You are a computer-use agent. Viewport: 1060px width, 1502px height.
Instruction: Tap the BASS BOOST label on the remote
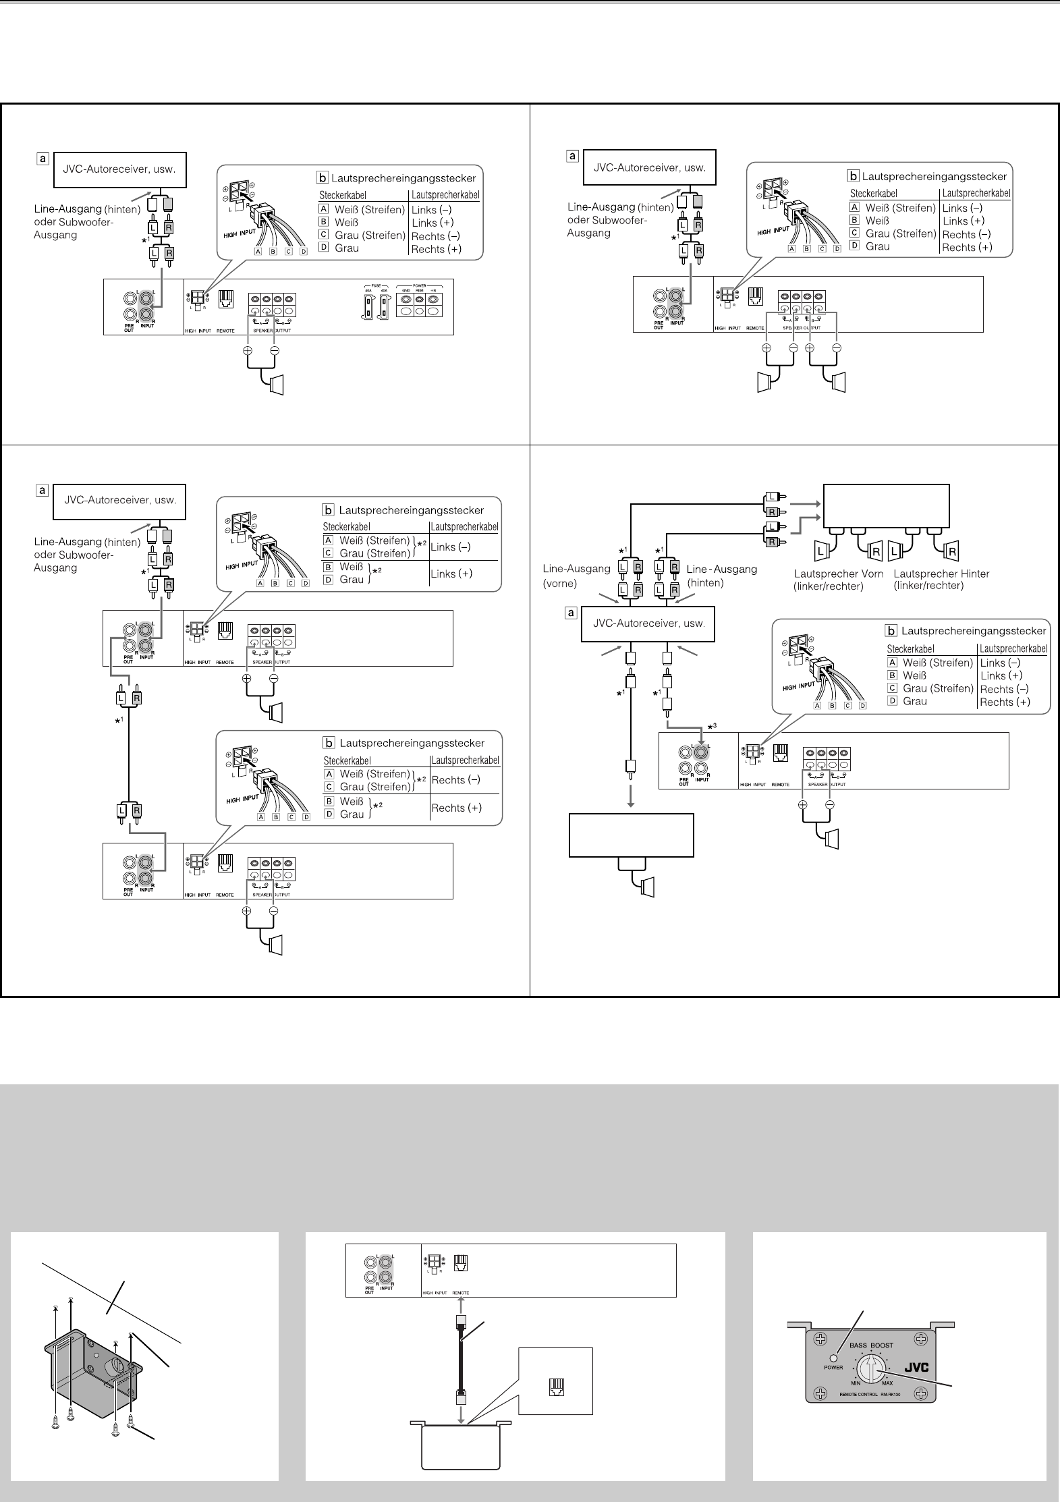871,1345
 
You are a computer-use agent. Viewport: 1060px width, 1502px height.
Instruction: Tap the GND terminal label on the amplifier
406,290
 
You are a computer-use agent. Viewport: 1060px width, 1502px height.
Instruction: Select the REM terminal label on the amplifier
419,290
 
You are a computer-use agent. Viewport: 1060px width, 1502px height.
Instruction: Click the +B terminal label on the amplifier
433,290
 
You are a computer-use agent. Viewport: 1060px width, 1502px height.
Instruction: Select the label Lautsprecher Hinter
941,574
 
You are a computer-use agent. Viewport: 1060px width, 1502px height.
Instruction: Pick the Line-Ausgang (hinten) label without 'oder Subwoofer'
722,576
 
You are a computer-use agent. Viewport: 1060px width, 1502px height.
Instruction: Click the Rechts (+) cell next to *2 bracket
456,808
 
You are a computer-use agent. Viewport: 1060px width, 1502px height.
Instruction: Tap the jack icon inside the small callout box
557,1387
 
